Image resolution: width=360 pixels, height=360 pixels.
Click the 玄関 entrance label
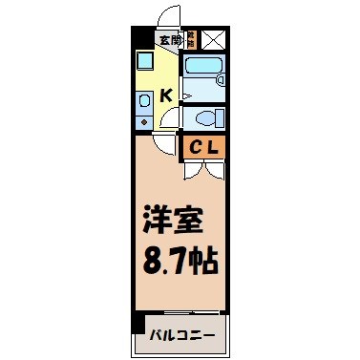pos(169,40)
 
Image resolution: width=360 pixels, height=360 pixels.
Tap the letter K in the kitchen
pos(165,95)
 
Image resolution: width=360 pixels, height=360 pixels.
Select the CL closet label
pos(201,147)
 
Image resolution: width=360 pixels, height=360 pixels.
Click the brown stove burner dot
pos(143,121)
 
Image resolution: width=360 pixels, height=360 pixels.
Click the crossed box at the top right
pos(212,40)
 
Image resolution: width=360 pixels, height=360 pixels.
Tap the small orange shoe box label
pos(190,40)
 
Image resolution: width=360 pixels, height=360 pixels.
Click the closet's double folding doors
pos(201,169)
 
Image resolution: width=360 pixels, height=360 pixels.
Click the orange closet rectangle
pos(201,147)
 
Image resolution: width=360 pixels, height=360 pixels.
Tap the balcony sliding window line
pos(180,314)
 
